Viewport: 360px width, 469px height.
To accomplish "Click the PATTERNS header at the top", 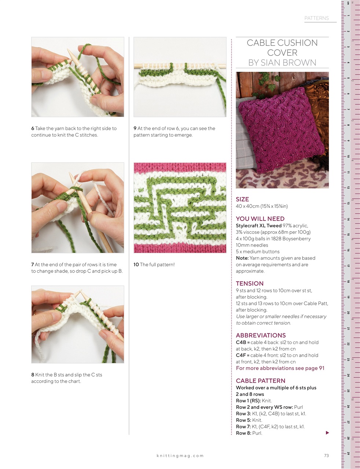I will (316, 18).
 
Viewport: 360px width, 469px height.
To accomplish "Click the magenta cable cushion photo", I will (282, 130).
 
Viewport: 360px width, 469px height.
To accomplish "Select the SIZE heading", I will (242, 199).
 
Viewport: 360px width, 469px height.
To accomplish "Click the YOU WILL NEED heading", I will (260, 219).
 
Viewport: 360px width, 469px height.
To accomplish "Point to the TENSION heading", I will (250, 284).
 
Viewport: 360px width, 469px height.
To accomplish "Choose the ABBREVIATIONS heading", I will (261, 335).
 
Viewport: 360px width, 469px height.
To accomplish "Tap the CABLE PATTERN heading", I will (260, 381).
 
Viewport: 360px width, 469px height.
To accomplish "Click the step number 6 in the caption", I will (33, 129).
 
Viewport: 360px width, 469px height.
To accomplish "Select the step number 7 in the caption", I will (33, 265).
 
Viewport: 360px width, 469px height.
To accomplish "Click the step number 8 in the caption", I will (33, 375).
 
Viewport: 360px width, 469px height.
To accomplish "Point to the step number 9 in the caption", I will (135, 129).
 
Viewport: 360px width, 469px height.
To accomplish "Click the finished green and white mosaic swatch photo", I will (180, 208).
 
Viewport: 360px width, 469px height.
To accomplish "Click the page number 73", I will (326, 456).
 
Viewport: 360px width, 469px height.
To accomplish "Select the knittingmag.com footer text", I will (180, 456).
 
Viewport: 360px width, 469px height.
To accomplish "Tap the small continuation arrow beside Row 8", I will (327, 433).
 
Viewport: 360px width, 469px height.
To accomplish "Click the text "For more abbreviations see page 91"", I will (280, 368).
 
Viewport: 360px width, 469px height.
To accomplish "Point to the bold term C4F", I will (240, 355).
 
